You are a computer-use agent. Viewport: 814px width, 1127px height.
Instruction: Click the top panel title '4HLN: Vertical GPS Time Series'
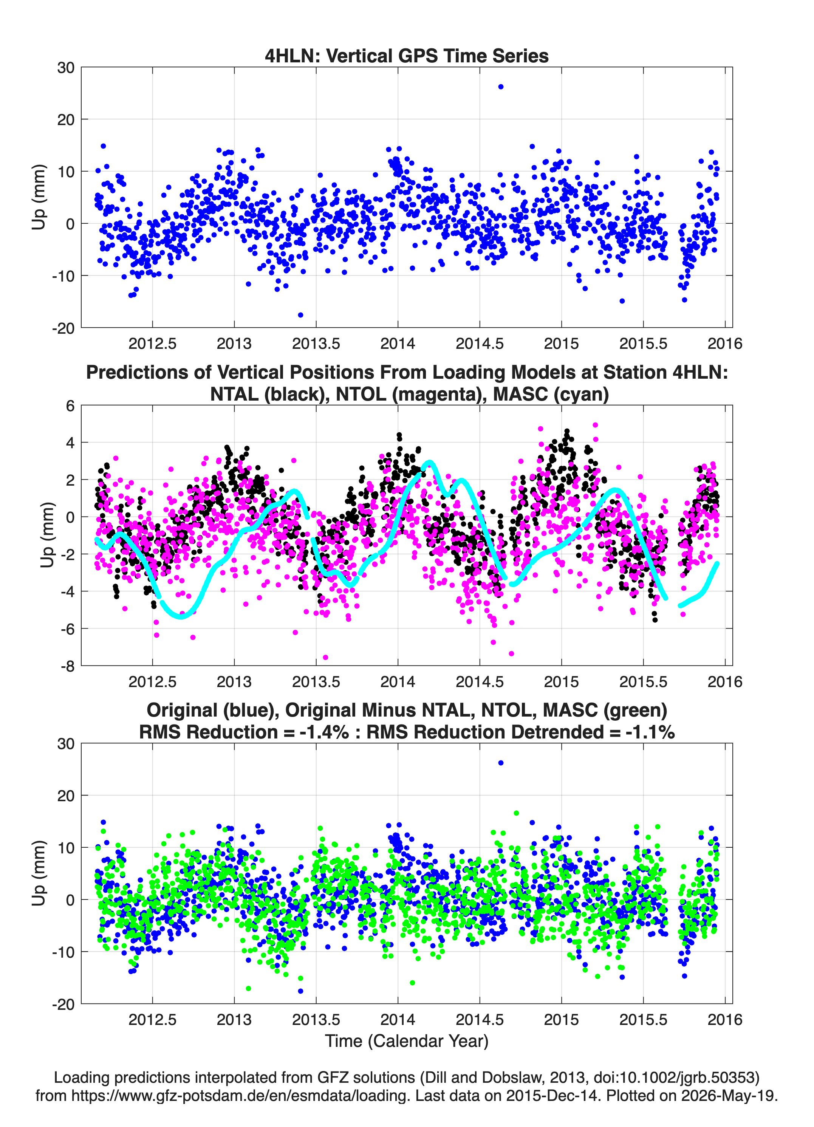(x=407, y=56)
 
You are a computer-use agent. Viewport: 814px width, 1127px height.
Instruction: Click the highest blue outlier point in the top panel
(x=500, y=87)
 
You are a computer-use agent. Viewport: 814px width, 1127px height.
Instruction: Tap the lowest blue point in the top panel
(x=300, y=315)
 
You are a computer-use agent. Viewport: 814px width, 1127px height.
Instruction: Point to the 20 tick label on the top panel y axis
(x=66, y=120)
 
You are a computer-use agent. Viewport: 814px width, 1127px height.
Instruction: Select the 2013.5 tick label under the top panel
(x=316, y=344)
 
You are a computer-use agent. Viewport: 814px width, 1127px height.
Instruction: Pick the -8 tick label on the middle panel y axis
(x=68, y=666)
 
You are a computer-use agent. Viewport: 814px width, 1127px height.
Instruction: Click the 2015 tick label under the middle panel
(x=562, y=682)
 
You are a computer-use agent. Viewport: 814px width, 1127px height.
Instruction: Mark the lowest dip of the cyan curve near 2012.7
(x=181, y=617)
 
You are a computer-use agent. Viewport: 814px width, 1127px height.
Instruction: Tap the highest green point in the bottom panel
(x=516, y=813)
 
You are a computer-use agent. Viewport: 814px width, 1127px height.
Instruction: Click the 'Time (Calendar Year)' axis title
(x=407, y=1041)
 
